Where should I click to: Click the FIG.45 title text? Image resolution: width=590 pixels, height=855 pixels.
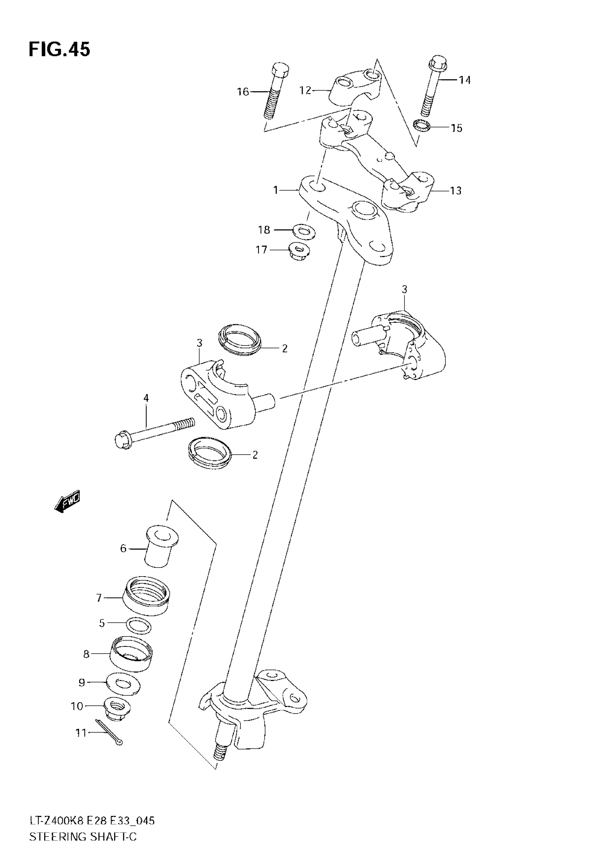tap(59, 50)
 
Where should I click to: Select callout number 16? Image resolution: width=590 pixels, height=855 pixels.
tap(243, 91)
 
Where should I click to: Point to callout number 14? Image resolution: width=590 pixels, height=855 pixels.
tap(465, 80)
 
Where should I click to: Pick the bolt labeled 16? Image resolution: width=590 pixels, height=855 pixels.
tap(275, 92)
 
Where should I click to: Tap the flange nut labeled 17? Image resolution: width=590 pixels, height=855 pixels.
tap(298, 251)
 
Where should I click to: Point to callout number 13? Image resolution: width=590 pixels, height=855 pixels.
tap(456, 190)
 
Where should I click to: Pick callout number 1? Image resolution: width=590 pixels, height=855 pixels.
tap(276, 190)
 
